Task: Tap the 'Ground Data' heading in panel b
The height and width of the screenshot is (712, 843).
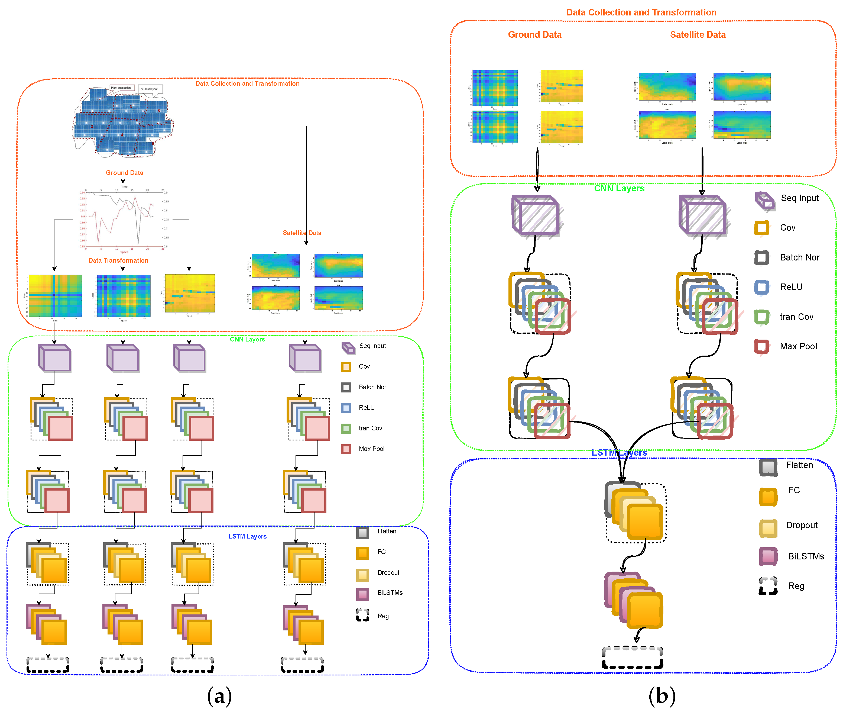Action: point(534,35)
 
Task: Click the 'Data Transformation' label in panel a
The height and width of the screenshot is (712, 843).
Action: point(118,260)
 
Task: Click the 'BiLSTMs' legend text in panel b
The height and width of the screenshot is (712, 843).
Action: point(806,556)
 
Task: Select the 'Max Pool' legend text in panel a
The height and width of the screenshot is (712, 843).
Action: point(371,449)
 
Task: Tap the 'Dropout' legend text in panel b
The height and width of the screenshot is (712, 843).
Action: point(802,525)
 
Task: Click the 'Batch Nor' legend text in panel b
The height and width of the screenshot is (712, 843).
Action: point(799,257)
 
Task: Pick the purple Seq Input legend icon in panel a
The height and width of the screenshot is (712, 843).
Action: point(348,347)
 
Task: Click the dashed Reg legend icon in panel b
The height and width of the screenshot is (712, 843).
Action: point(768,586)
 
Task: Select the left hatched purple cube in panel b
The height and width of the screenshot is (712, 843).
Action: point(536,216)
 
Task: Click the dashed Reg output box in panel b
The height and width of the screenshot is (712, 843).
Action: point(632,658)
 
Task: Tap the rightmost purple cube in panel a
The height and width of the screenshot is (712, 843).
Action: point(305,358)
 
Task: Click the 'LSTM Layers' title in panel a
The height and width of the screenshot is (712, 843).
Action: point(247,536)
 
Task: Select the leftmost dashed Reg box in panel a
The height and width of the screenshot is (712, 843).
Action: point(48,665)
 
